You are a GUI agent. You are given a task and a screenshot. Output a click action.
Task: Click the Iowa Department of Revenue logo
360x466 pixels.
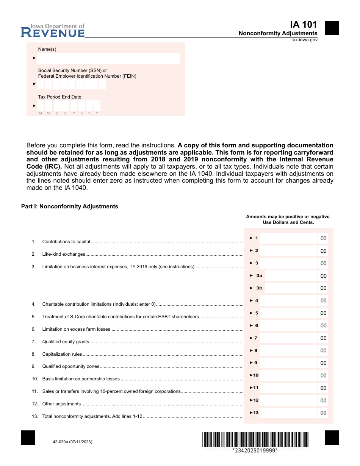(x=53, y=31)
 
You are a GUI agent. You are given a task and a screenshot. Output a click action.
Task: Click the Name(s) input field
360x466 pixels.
(x=108, y=58)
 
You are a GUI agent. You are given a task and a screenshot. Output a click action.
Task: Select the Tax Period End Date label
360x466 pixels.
(x=59, y=97)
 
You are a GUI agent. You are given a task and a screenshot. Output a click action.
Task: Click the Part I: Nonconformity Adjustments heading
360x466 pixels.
(x=70, y=206)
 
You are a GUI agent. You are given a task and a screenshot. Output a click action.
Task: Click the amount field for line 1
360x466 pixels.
(x=288, y=238)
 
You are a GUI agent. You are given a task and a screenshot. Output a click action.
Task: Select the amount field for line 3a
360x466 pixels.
(x=290, y=276)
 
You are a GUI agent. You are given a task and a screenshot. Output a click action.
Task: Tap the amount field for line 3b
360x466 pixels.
(x=290, y=288)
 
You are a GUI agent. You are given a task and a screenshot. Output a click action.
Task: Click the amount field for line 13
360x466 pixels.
(x=288, y=413)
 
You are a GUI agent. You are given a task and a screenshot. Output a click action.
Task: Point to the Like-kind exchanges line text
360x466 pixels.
(x=64, y=254)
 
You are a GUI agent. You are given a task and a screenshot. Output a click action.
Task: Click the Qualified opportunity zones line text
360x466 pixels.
(x=71, y=366)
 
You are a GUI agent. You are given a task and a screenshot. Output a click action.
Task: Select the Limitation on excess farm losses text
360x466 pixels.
(x=76, y=329)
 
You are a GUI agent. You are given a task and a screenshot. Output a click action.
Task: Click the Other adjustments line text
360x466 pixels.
(x=61, y=404)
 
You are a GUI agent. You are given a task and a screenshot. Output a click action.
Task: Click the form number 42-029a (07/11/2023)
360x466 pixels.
(x=70, y=442)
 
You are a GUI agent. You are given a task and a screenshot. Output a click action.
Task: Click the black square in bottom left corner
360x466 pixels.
(x=28, y=438)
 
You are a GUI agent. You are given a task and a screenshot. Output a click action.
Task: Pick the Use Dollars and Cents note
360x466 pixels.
(x=288, y=222)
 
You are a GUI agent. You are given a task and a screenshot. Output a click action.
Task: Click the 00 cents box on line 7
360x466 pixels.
(x=323, y=338)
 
